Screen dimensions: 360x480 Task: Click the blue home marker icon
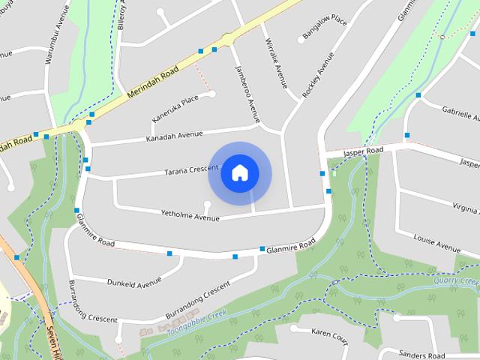click(239, 173)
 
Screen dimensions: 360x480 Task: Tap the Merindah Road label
click(153, 81)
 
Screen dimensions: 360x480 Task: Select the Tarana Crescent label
click(191, 171)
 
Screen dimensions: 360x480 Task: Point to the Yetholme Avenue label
click(190, 215)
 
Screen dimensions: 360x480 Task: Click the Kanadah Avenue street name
click(175, 135)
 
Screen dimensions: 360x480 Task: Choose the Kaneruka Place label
click(175, 108)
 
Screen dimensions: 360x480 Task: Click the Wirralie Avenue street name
click(277, 63)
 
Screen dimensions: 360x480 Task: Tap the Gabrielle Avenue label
click(460, 112)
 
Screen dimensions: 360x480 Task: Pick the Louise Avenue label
click(436, 241)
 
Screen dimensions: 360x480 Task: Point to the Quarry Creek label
click(456, 281)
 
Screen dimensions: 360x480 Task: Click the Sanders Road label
click(422, 355)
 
